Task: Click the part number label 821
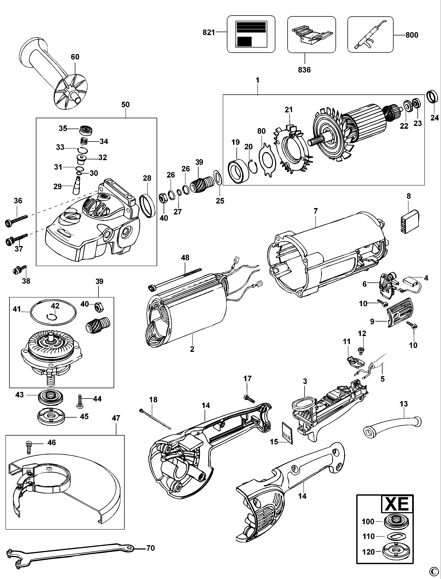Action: (209, 32)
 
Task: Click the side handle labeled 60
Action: (53, 71)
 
